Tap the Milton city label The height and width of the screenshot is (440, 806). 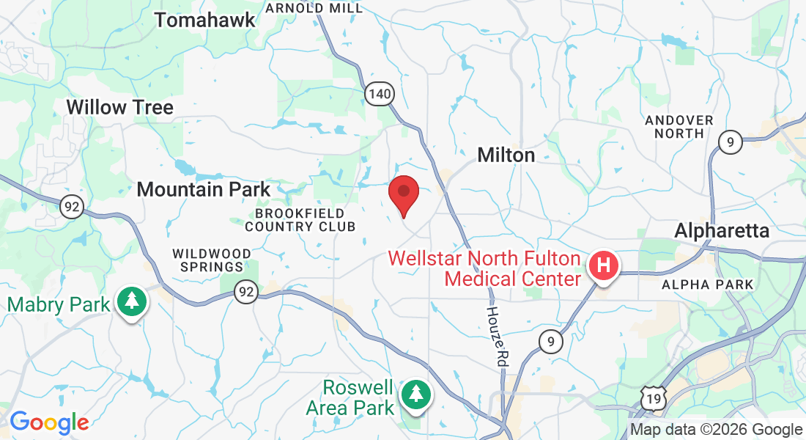click(x=506, y=155)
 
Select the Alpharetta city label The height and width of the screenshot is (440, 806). click(x=722, y=230)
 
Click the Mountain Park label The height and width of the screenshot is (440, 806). click(x=204, y=189)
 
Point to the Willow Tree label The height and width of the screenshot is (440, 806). click(x=119, y=107)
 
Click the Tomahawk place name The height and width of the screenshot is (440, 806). click(x=205, y=20)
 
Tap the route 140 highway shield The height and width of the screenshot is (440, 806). click(x=380, y=93)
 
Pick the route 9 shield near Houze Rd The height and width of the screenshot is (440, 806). click(x=550, y=340)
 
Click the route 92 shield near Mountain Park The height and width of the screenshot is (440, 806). click(x=71, y=207)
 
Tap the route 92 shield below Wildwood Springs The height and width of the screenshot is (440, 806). click(x=246, y=293)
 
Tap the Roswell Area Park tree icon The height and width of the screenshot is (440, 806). click(x=416, y=393)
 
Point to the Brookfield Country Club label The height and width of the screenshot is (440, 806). click(x=300, y=219)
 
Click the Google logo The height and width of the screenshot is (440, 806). click(x=48, y=422)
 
